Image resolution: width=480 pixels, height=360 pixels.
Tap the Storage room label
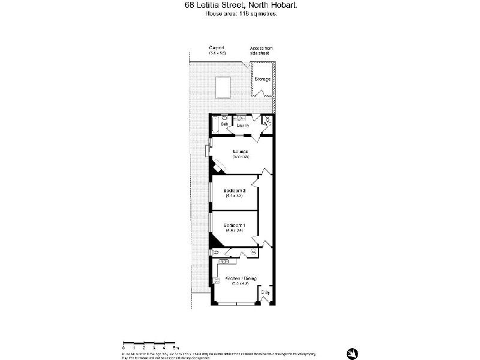pos(262,79)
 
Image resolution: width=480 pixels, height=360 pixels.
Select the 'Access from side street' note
pos(261,50)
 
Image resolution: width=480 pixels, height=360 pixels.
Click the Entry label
pos(265,293)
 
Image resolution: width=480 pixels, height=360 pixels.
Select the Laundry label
pos(243,125)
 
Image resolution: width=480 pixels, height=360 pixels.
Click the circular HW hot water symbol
pos(253,252)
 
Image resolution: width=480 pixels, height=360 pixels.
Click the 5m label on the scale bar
pos(175,347)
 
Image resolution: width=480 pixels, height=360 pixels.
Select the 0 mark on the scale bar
pos(124,347)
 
